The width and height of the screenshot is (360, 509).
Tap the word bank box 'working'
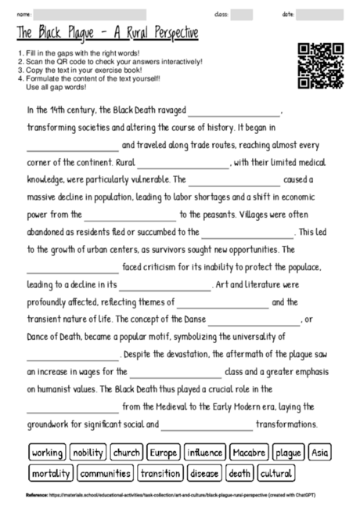tap(47, 453)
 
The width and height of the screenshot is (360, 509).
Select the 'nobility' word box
tap(87, 453)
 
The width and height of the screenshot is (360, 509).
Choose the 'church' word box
tap(126, 453)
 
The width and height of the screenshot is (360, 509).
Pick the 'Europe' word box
tap(164, 453)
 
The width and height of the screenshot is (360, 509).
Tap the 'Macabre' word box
tap(250, 453)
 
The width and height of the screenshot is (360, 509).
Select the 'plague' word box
tap(289, 453)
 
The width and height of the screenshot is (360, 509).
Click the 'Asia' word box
tap(320, 453)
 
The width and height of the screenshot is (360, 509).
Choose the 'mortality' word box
tap(51, 473)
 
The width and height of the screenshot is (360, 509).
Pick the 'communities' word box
tap(105, 473)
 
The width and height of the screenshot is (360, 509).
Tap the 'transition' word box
tap(160, 473)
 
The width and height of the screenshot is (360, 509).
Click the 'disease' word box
tap(204, 473)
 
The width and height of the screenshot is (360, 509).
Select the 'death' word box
tap(240, 473)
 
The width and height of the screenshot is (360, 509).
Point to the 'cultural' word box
tap(276, 473)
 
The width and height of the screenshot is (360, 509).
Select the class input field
tap(241, 14)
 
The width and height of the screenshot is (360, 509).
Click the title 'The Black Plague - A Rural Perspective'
tap(106, 34)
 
